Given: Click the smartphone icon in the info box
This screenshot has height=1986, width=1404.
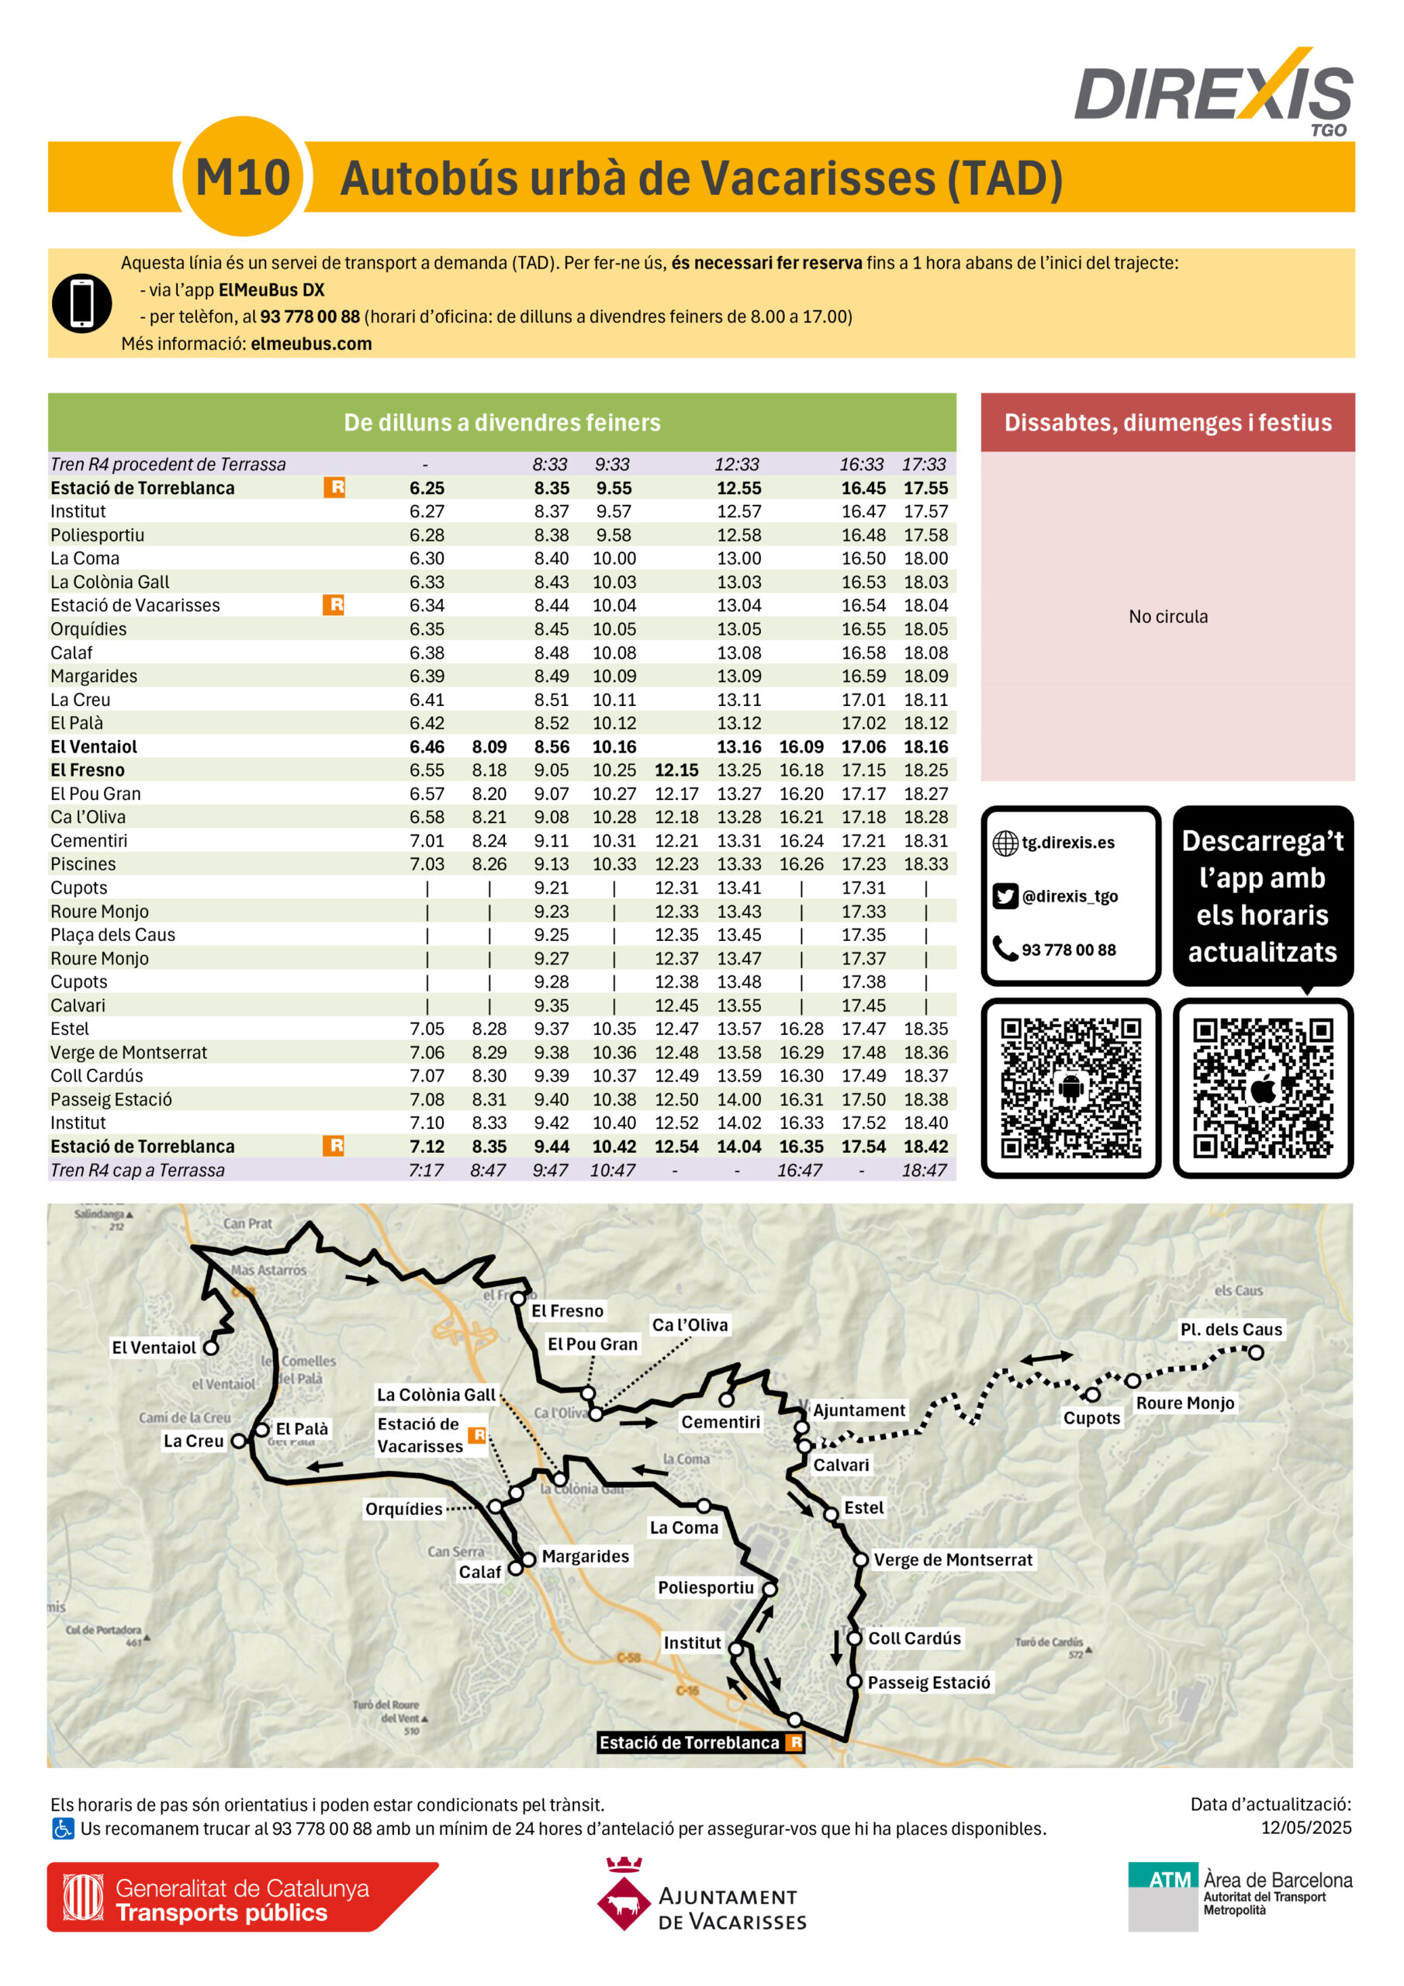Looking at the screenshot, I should pyautogui.click(x=81, y=303).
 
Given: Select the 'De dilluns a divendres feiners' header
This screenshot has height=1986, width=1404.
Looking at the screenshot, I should pyautogui.click(x=502, y=422).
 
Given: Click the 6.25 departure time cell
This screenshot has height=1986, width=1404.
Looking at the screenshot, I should pyautogui.click(x=427, y=488).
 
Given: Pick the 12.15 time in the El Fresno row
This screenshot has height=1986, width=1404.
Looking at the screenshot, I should pyautogui.click(x=676, y=770).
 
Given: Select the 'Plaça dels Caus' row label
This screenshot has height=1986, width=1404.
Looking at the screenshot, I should pyautogui.click(x=112, y=934).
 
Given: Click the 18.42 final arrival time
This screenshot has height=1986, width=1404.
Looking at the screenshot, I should pyautogui.click(x=925, y=1146).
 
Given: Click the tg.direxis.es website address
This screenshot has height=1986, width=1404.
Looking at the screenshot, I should pyautogui.click(x=1067, y=842).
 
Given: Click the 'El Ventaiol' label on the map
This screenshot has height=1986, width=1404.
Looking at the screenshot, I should pyautogui.click(x=154, y=1348).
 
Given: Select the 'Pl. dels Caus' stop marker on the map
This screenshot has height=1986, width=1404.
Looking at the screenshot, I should pyautogui.click(x=1255, y=1352).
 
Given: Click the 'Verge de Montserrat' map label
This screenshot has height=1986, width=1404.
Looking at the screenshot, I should pyautogui.click(x=953, y=1559).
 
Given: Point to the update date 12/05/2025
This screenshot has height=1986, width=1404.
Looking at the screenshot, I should pyautogui.click(x=1305, y=1828).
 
